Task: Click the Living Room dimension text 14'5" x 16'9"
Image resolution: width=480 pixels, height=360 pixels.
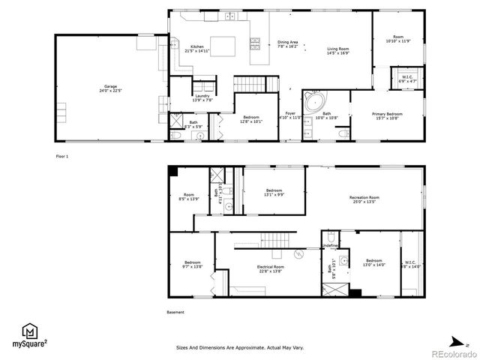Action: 337,53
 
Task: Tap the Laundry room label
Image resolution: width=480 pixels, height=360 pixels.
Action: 202,95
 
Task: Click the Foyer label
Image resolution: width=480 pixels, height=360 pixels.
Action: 289,113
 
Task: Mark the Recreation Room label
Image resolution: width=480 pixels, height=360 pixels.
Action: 364,197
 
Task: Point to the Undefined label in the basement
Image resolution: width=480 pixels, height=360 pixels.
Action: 330,246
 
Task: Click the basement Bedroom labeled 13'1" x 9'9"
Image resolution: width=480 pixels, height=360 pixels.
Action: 274,190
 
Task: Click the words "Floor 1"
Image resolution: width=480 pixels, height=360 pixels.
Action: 61,156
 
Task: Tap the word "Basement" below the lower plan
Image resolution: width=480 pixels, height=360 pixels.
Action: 175,313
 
